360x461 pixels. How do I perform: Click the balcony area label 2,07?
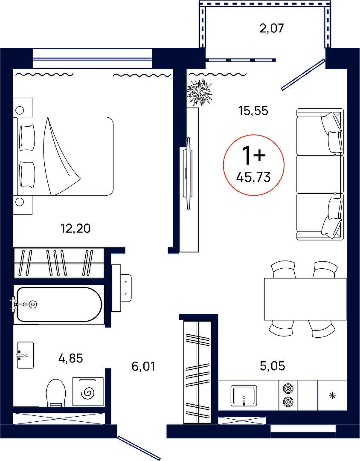[272, 29]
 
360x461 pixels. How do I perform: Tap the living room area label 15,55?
[253, 111]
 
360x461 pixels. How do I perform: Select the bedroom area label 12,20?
[75, 228]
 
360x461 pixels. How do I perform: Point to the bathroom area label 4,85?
[70, 358]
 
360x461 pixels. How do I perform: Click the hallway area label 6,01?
[143, 367]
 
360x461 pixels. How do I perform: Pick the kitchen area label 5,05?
[273, 366]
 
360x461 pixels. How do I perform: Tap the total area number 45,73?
[253, 177]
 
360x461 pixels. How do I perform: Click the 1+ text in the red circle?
[253, 155]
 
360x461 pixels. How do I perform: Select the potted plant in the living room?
[200, 92]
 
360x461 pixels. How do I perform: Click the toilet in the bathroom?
[56, 393]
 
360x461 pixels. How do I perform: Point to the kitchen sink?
[244, 395]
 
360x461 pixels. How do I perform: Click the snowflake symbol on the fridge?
[332, 395]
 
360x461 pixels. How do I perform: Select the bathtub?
[59, 304]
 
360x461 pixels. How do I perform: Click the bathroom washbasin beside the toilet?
[25, 355]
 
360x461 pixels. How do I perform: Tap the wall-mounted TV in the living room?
[188, 173]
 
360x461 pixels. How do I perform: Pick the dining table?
[305, 299]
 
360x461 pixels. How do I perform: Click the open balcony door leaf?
[303, 74]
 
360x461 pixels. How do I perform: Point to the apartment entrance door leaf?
[139, 448]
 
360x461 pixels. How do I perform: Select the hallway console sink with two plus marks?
[122, 288]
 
